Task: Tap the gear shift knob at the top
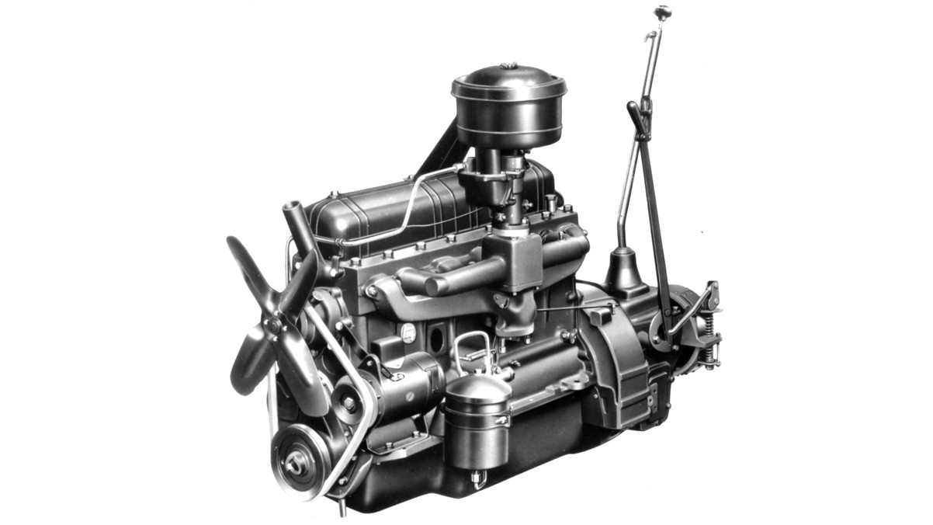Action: pos(662,12)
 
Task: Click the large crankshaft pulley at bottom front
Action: pos(297,464)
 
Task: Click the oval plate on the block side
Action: pos(408,333)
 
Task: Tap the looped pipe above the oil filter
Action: pos(473,349)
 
